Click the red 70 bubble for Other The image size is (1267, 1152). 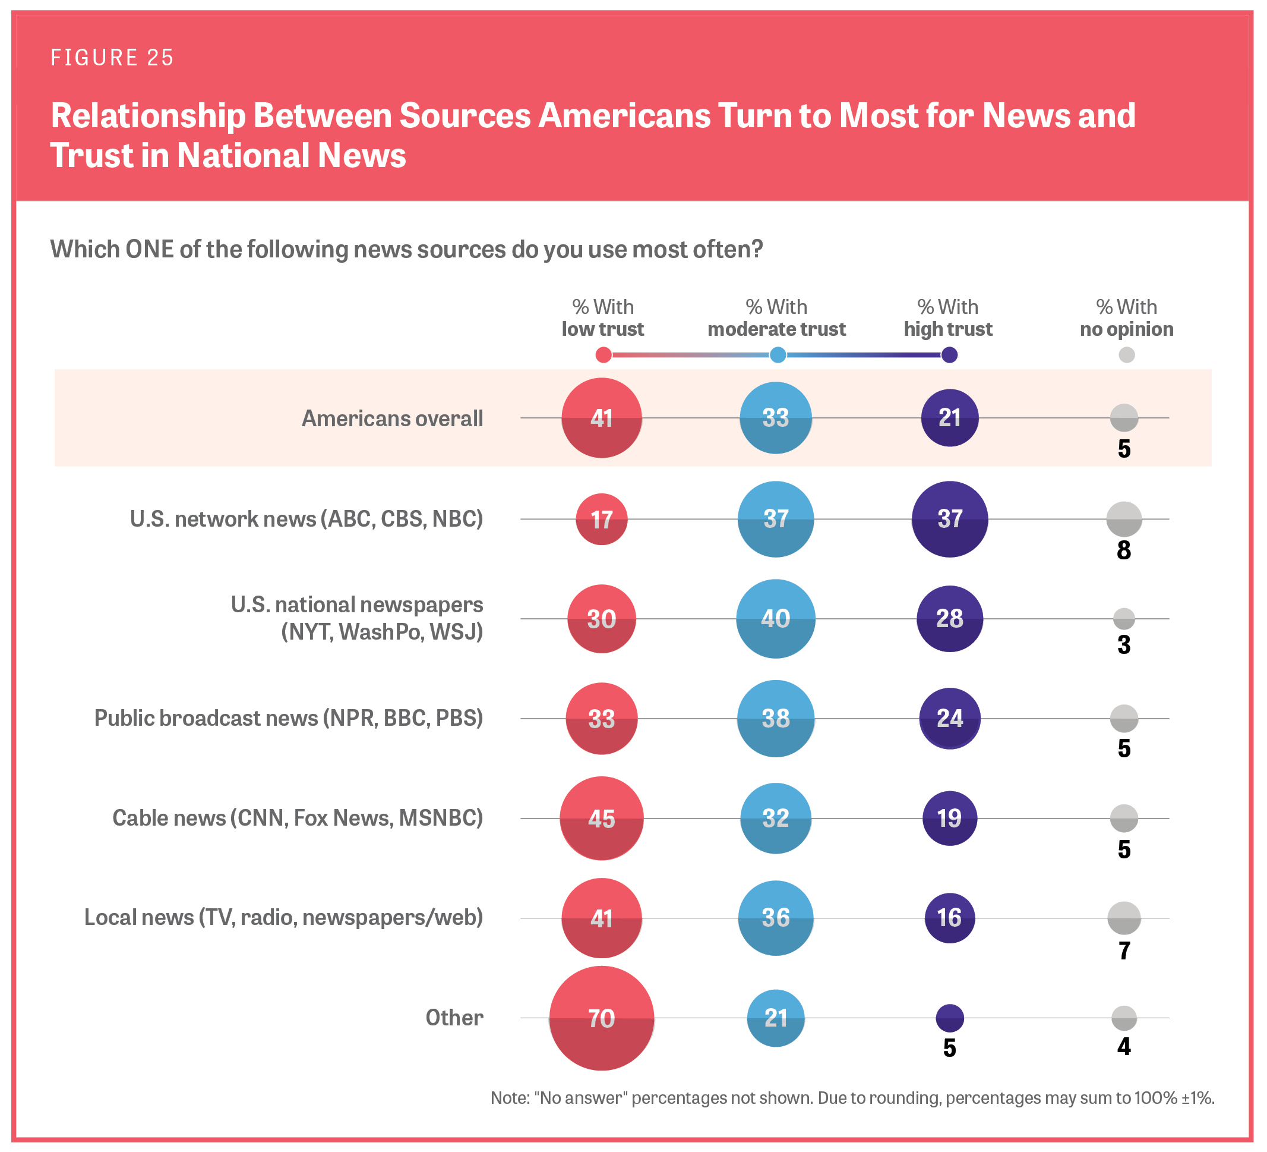pos(602,1018)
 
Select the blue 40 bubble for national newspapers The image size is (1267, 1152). pos(776,619)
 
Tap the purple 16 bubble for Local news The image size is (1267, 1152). pos(950,918)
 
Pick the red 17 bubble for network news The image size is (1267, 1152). pos(602,520)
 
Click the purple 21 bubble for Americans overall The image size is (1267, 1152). pos(950,418)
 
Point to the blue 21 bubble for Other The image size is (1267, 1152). pos(776,1018)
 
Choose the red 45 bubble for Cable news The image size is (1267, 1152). pos(602,819)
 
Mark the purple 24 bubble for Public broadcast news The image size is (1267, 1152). pos(950,718)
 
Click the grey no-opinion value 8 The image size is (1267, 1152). pos(1124,550)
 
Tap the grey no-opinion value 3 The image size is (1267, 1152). pos(1124,645)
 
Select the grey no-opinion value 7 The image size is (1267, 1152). pos(1124,950)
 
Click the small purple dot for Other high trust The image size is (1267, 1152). pos(950,1018)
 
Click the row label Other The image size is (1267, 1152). pos(454,1018)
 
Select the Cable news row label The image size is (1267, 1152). pos(297,818)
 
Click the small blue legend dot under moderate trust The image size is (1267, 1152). pos(778,355)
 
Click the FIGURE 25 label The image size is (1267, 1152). pos(112,58)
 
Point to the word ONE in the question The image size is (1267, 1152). pos(149,250)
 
